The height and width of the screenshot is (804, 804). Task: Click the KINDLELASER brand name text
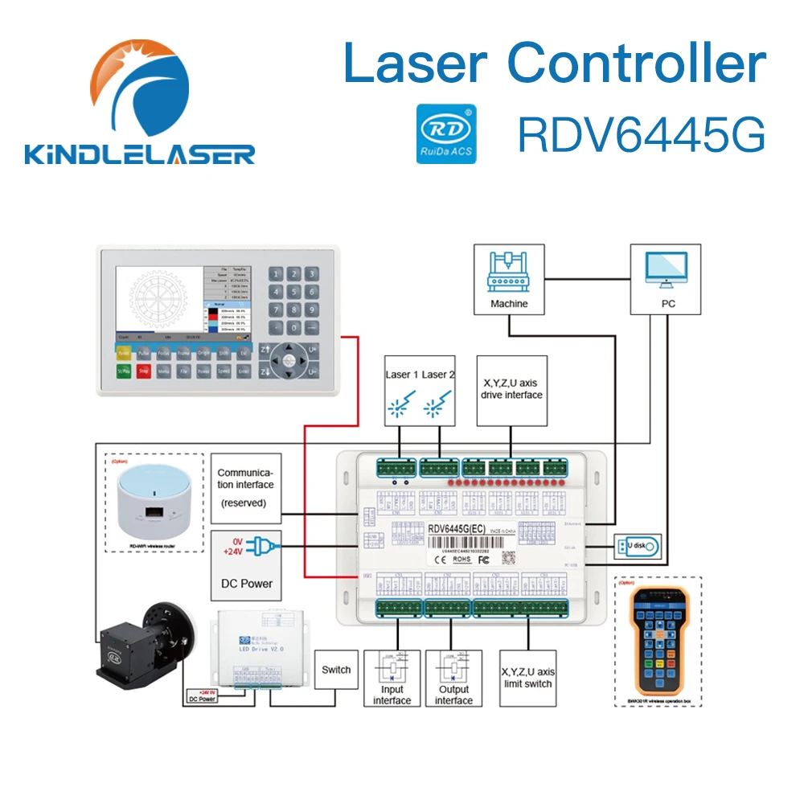140,154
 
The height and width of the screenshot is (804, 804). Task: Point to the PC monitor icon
666,269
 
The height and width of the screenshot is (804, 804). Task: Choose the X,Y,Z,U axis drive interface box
511,390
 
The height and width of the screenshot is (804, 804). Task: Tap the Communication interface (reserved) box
245,487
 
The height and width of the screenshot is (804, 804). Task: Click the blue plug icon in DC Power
260,548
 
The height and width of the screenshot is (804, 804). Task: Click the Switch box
335,670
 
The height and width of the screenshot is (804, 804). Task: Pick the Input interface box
392,679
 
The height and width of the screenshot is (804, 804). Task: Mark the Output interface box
453,679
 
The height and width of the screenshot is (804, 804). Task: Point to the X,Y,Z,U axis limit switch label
527,678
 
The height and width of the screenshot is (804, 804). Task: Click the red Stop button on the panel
144,371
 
